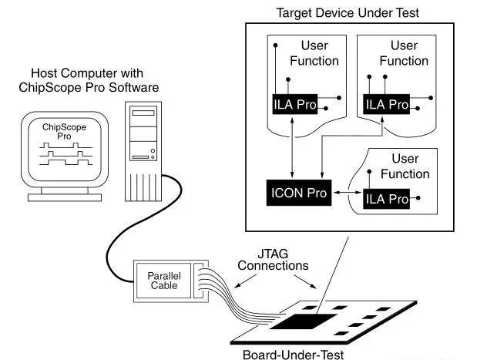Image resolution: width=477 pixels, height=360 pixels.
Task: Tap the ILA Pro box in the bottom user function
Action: pos(386,200)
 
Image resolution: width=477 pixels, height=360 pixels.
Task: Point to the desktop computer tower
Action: pos(144,146)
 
